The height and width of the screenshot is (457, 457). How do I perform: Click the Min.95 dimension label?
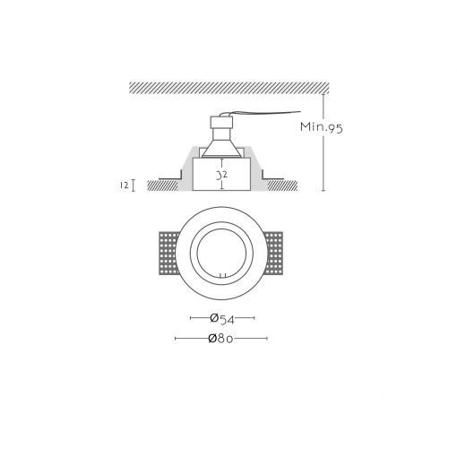pos(322,127)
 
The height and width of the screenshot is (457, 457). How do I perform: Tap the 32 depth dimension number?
pos(221,175)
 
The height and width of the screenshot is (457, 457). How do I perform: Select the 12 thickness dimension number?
pos(125,185)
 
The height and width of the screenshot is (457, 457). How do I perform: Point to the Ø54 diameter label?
pos(222,319)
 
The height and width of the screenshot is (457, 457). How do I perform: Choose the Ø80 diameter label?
pos(220,339)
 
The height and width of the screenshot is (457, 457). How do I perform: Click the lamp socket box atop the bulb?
pos(221,122)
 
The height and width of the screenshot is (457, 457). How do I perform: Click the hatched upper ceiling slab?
pos(229,88)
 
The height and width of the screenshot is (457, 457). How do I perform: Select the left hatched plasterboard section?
pos(163,185)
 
